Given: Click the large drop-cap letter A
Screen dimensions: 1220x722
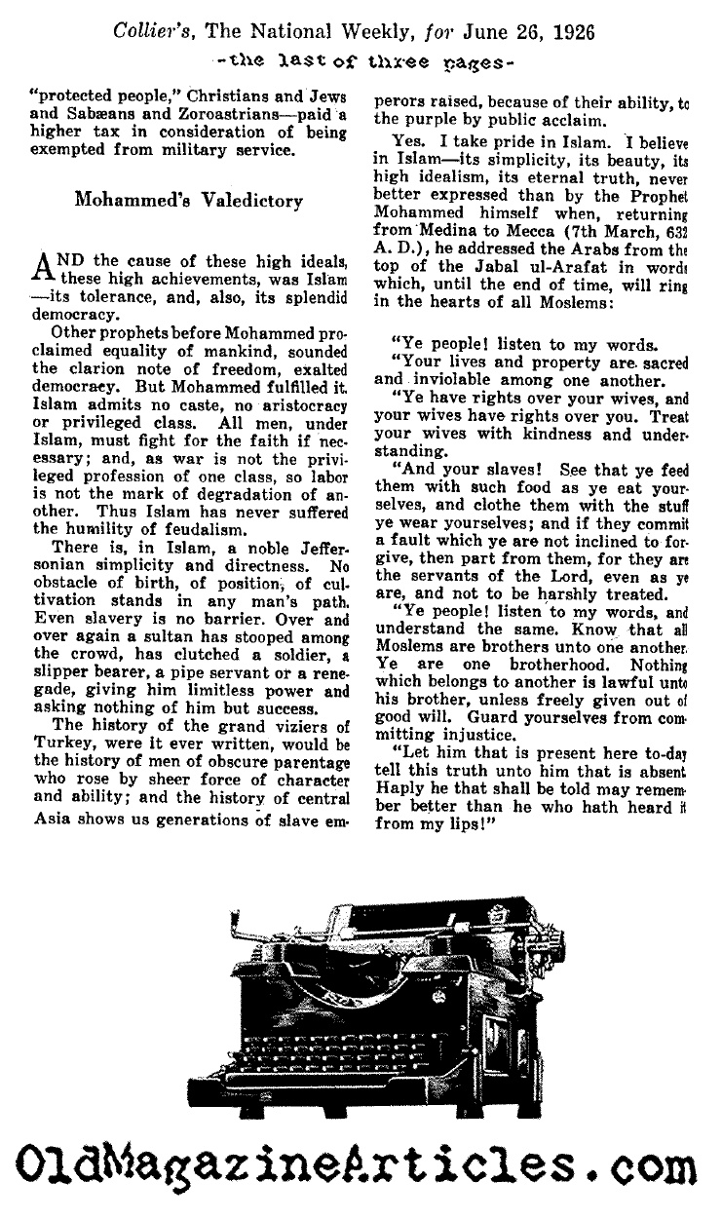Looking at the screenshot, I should click(47, 268).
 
